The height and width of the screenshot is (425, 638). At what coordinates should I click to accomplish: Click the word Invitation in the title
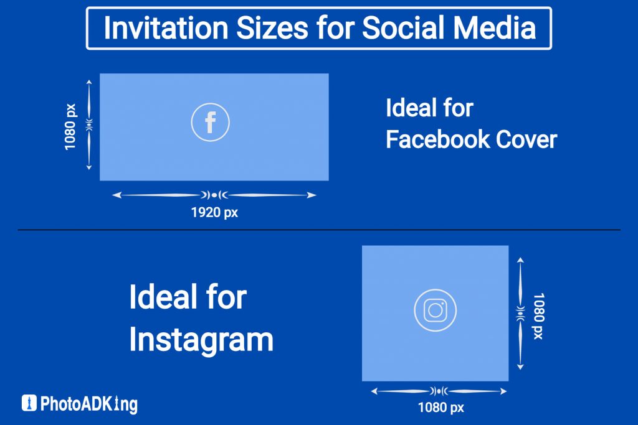(166, 28)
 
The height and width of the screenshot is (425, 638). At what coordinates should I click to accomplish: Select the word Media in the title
(494, 28)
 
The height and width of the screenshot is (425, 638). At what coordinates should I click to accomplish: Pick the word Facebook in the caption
(438, 139)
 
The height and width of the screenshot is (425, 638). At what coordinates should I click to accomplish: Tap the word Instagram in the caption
(201, 340)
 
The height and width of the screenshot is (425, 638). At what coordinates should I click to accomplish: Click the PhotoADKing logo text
(89, 404)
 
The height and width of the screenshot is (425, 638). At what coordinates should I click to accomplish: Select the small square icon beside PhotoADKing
(29, 403)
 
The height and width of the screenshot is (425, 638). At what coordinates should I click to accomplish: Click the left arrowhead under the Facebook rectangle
(117, 195)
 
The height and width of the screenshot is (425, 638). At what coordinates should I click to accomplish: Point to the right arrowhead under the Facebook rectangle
(312, 195)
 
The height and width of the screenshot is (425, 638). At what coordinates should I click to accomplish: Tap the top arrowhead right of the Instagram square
(520, 260)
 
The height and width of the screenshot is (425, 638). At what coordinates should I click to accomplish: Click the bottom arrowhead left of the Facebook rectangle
(88, 167)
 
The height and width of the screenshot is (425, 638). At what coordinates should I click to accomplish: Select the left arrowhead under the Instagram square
(374, 391)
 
